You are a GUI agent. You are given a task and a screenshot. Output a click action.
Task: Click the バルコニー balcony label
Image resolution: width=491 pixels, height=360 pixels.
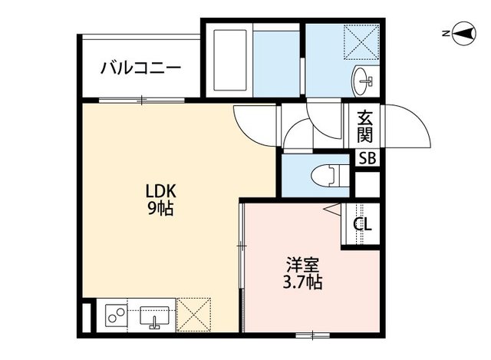(x=140, y=68)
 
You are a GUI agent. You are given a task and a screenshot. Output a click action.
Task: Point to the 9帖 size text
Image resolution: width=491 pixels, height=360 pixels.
(x=160, y=208)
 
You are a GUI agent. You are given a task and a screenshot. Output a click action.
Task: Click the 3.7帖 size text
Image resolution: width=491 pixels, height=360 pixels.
(x=302, y=282)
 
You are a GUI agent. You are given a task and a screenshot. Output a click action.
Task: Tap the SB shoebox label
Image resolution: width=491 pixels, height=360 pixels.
(x=367, y=159)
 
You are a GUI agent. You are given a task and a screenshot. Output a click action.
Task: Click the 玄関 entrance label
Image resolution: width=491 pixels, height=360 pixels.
(x=366, y=127)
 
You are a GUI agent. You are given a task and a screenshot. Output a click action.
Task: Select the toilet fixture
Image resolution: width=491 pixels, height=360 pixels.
(x=325, y=175)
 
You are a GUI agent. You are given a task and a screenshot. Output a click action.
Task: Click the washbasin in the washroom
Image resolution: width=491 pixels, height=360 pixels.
(x=364, y=78)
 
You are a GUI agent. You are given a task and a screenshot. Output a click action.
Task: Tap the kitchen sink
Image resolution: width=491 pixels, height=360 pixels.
(x=155, y=315)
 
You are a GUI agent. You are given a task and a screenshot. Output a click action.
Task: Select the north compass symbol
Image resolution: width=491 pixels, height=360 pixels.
(x=463, y=33)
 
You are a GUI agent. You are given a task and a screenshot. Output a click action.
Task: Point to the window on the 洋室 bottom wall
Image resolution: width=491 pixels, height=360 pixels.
(x=311, y=334)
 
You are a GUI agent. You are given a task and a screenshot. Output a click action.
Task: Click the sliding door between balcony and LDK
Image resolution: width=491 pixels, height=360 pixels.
(x=142, y=100)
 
